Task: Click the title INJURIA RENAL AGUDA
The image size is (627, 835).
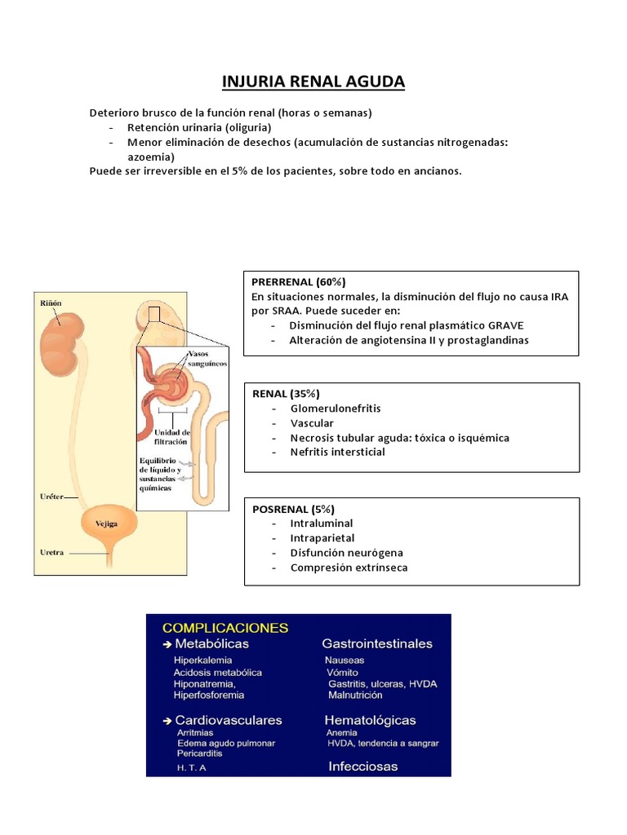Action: (x=313, y=82)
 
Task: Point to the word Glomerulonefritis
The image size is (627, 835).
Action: (x=336, y=408)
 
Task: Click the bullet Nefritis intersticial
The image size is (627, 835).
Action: (x=338, y=452)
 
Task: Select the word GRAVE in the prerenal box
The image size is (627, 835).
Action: (x=506, y=325)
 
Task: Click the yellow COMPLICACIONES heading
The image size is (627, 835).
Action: (x=225, y=628)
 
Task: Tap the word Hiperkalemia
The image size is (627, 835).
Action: (x=202, y=660)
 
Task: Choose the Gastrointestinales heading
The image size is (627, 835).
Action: (x=377, y=644)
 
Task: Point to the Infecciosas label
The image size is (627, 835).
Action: (x=363, y=767)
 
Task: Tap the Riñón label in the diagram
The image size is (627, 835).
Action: (x=51, y=303)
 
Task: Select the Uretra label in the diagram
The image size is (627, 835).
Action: (x=51, y=552)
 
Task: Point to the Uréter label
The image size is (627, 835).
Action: (x=51, y=496)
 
